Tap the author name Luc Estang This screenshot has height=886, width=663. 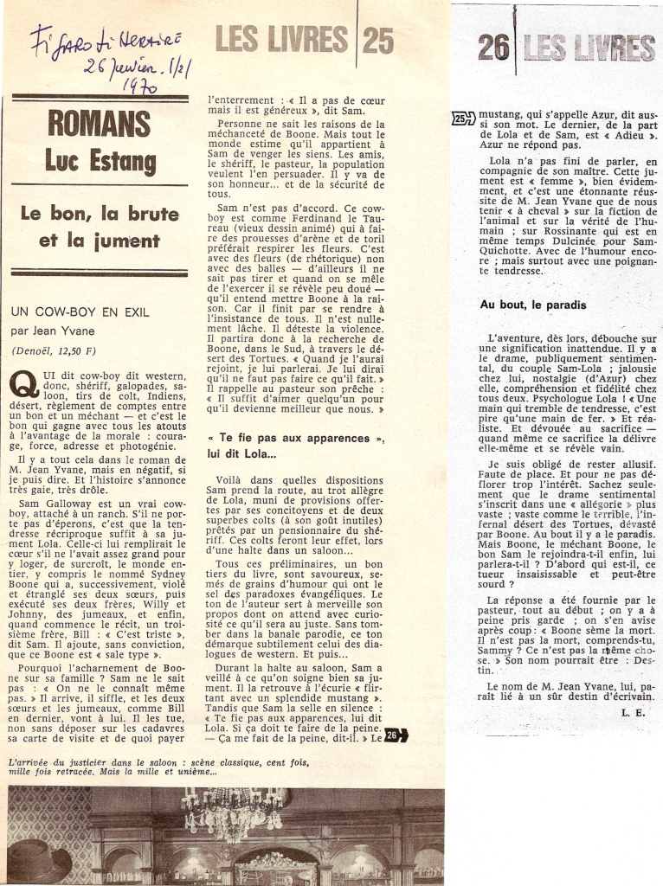tap(100, 161)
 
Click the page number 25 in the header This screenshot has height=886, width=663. tap(377, 39)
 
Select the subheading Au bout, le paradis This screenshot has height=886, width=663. tap(533, 305)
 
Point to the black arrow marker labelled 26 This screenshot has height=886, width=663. tap(396, 736)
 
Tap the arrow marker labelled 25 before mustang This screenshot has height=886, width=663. tap(463, 119)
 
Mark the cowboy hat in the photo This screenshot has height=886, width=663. tap(39, 860)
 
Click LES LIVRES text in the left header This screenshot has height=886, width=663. tap(281, 39)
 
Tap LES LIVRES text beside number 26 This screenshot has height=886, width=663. tap(589, 48)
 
